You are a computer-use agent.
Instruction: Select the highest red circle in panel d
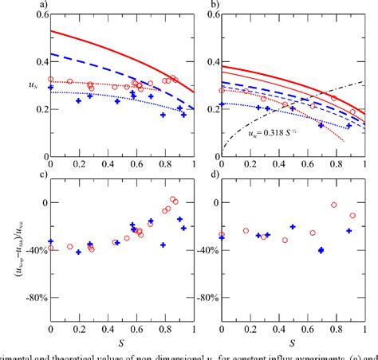coord(335,205)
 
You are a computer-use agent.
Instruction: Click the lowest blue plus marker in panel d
coord(321,250)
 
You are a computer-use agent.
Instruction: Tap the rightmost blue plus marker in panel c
coord(184,228)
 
